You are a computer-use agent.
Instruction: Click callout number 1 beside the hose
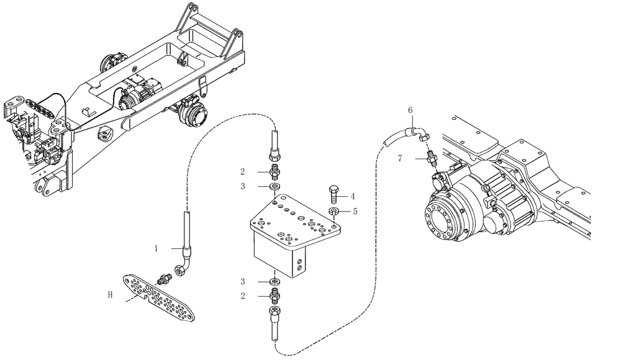click(x=158, y=248)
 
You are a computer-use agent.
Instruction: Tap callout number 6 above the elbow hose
click(x=410, y=110)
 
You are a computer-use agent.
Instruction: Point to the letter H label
click(x=110, y=296)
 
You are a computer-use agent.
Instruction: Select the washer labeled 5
click(x=334, y=212)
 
